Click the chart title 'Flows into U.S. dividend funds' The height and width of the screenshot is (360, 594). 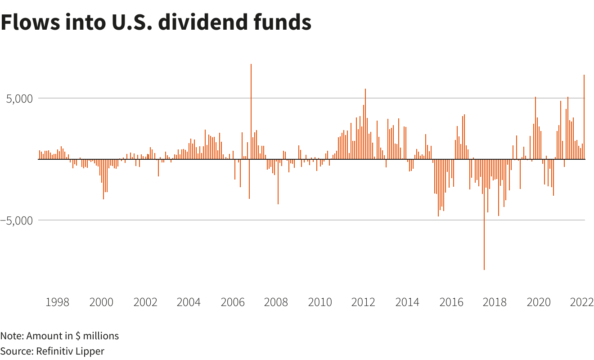click(156, 22)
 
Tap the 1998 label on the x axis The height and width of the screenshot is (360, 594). click(58, 302)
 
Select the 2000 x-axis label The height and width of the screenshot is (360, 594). click(101, 302)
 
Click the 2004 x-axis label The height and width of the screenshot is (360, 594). click(189, 302)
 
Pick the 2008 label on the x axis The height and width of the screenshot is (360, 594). click(276, 302)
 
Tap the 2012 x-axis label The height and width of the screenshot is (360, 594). click(363, 302)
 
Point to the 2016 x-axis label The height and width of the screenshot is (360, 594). click(450, 302)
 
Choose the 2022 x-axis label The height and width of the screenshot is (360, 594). click(581, 302)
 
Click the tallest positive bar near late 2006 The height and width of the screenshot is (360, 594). click(251, 112)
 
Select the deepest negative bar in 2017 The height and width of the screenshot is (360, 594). click(484, 216)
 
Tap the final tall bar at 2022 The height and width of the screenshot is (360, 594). click(584, 117)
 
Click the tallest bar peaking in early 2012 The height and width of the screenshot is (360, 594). click(365, 124)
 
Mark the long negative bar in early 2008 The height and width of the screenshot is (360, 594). click(278, 182)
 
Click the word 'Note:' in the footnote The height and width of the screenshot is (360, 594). click(12, 336)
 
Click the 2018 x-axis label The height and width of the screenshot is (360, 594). click(494, 302)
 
